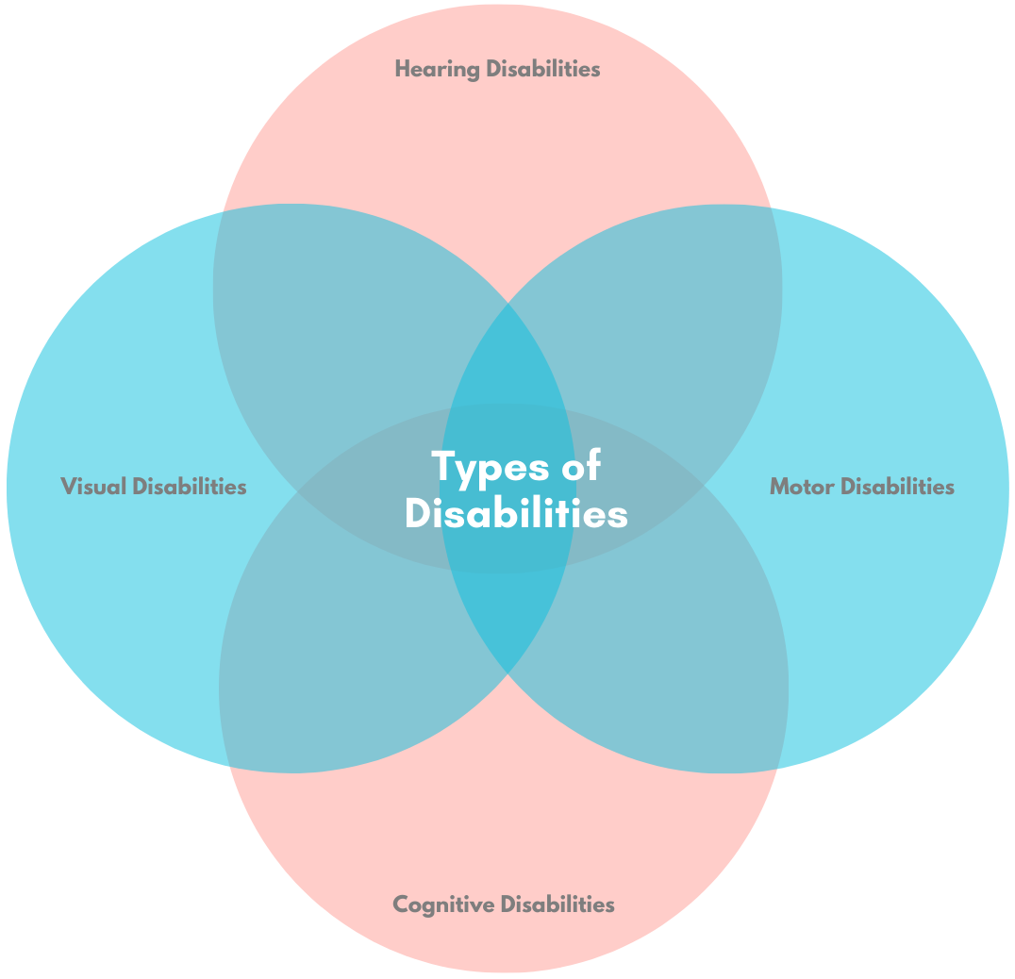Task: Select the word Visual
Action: (93, 487)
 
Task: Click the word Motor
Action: (802, 487)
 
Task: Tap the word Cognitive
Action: (443, 904)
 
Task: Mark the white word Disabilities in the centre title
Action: (516, 515)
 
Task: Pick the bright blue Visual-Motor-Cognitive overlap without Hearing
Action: (508, 618)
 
